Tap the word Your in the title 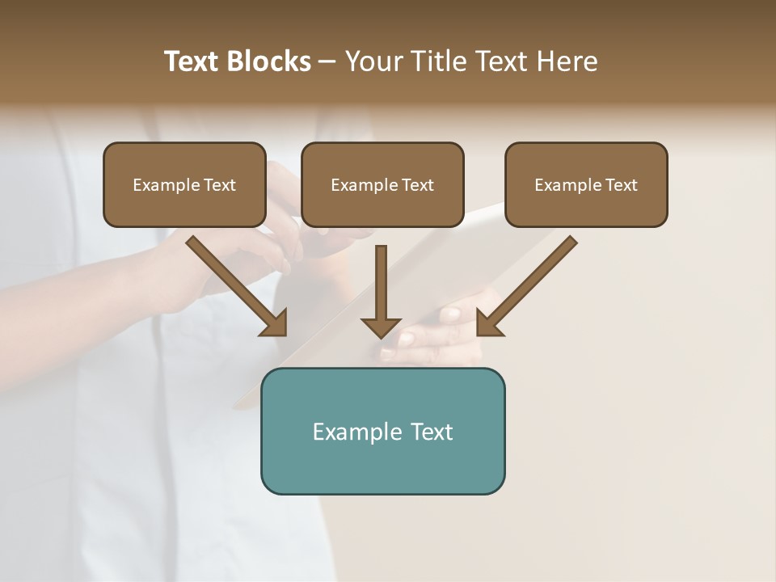[374, 61]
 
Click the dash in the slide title [327, 62]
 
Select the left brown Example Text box [184, 184]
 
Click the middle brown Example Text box [382, 184]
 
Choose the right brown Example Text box [586, 184]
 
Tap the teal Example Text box [382, 431]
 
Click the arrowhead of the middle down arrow [382, 327]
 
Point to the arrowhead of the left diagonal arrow [275, 323]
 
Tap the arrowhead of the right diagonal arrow [488, 323]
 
